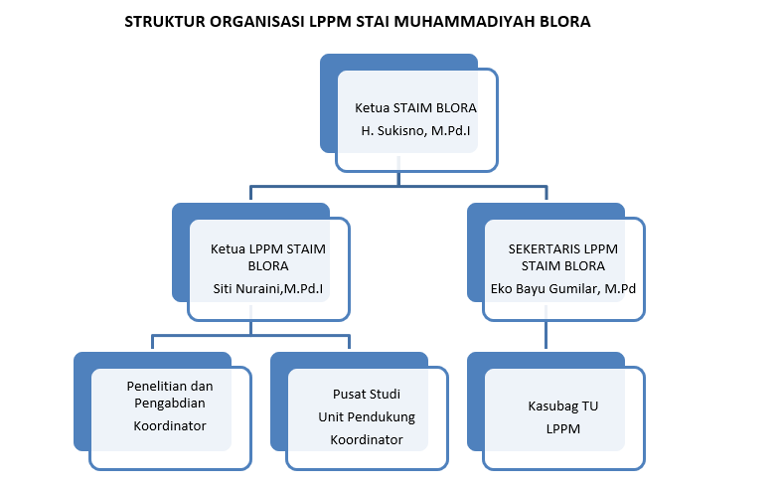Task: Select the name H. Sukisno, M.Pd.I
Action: tap(415, 131)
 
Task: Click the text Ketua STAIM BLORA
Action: tap(415, 108)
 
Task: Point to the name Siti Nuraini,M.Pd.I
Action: tap(268, 289)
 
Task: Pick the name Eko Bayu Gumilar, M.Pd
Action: tap(562, 289)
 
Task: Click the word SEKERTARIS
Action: tap(545, 249)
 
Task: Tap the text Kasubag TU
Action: tap(562, 406)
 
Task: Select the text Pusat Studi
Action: tap(367, 395)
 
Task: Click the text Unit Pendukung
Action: tap(367, 417)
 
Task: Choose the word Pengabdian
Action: tap(170, 404)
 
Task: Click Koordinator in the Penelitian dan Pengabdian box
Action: tap(170, 426)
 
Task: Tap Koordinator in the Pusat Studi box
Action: tap(367, 440)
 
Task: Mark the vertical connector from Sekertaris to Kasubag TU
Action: tap(546, 335)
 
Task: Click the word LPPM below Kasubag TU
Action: tap(562, 429)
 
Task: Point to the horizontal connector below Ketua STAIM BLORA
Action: tap(398, 187)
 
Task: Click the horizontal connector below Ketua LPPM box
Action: tap(251, 336)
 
